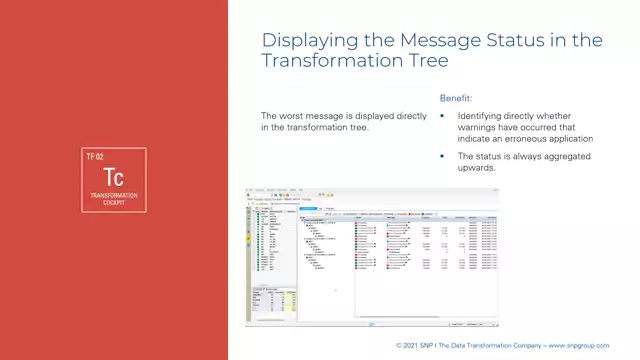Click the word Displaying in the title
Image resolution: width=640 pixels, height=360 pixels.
click(301, 40)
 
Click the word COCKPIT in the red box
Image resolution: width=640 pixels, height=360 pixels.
click(114, 203)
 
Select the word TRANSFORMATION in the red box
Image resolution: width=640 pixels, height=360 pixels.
click(114, 195)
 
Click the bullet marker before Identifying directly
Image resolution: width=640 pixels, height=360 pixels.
click(443, 116)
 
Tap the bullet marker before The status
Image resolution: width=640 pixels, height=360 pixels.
click(443, 157)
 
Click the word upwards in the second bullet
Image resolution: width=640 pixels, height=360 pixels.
click(477, 168)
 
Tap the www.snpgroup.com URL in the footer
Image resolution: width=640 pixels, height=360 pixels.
click(598, 345)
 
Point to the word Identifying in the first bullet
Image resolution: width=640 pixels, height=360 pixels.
click(485, 116)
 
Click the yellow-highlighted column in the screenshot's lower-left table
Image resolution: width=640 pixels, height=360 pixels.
click(285, 303)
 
